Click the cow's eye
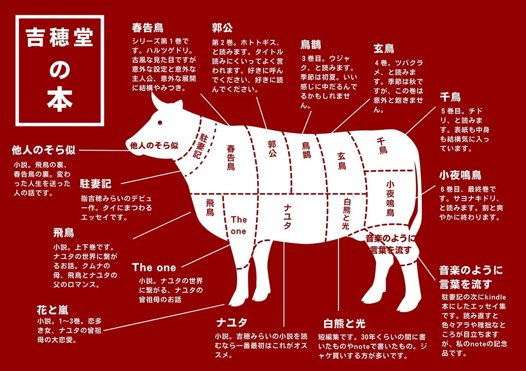pyautogui.click(x=160, y=122)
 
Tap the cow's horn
pyautogui.click(x=157, y=100)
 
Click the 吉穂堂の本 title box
pyautogui.click(x=60, y=70)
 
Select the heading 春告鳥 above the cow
pyautogui.click(x=147, y=28)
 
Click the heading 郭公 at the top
pyautogui.click(x=222, y=28)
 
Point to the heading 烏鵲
pyautogui.click(x=311, y=45)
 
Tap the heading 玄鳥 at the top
pyautogui.click(x=384, y=49)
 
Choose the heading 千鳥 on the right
pyautogui.click(x=450, y=97)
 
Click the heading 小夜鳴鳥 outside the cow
pyautogui.click(x=460, y=175)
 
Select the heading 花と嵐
pyautogui.click(x=53, y=310)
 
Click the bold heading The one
pyautogui.click(x=154, y=267)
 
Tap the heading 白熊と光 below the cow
pyautogui.click(x=344, y=324)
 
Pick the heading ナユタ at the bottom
pyautogui.click(x=232, y=322)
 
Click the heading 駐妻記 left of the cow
pyautogui.click(x=96, y=184)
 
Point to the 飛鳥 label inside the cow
pyautogui.click(x=210, y=208)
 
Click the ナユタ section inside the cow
pyautogui.click(x=288, y=217)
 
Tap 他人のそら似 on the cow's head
pyautogui.click(x=154, y=146)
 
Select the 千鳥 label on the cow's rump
pyautogui.click(x=382, y=146)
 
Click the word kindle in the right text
pyautogui.click(x=495, y=297)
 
